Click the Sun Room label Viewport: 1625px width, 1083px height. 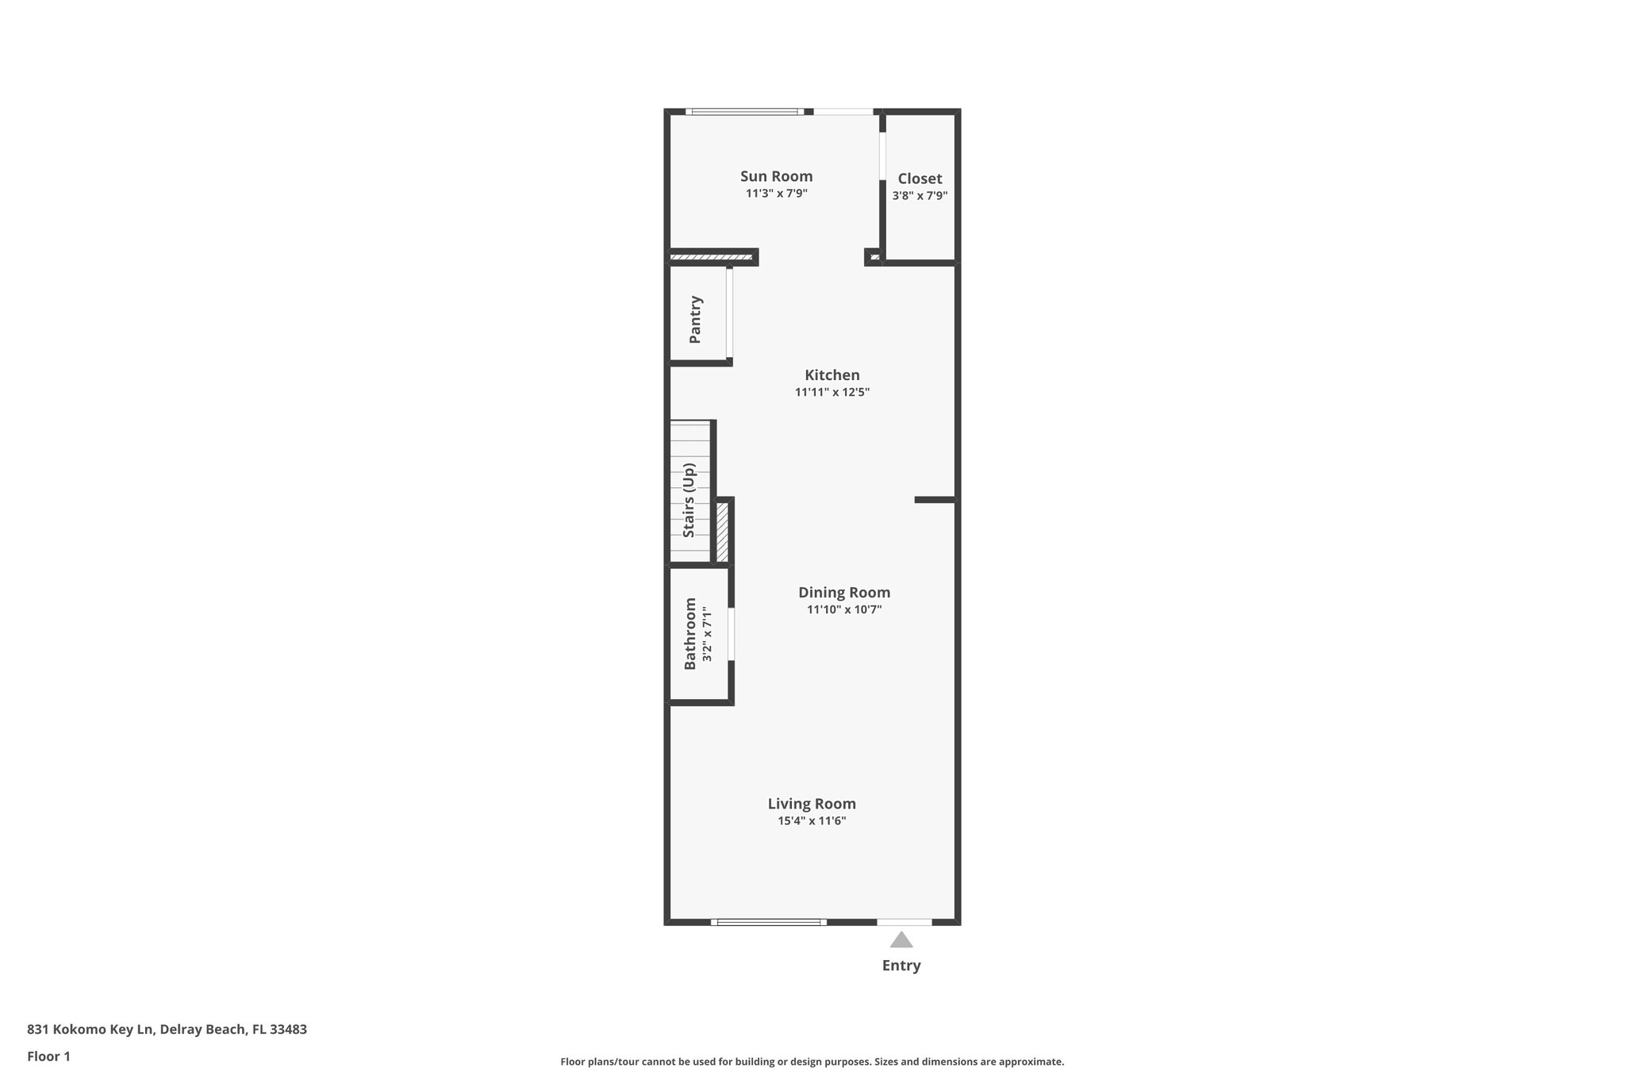tap(776, 176)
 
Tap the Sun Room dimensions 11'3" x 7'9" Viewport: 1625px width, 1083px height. tap(776, 194)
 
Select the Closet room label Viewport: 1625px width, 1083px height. tap(920, 179)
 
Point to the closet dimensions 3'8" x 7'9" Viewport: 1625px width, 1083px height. tap(920, 196)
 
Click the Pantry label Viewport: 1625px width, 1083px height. tap(695, 319)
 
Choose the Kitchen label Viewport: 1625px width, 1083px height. tap(832, 375)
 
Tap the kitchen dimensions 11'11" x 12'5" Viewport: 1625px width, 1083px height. tap(832, 392)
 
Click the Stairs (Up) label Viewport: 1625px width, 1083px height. tap(689, 501)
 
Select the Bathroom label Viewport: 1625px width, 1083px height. tap(690, 633)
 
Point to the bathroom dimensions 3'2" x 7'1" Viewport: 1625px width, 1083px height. tap(707, 635)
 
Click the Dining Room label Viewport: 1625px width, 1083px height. tap(843, 593)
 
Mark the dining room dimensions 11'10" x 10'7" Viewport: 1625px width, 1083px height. tap(843, 610)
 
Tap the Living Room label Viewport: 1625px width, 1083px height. tap(811, 804)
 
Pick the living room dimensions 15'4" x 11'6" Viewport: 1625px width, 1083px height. tap(811, 821)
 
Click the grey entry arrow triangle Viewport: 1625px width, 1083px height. tap(901, 941)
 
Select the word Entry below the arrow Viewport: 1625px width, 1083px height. tap(901, 966)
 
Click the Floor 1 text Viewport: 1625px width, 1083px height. tap(48, 1056)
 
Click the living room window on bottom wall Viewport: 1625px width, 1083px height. tap(768, 922)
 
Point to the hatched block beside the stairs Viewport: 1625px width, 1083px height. tap(722, 532)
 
